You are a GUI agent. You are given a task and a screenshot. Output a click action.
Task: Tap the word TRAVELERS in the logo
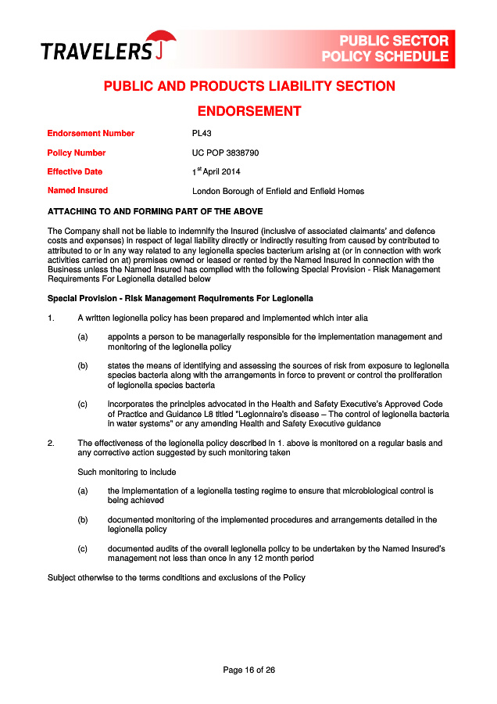pyautogui.click(x=96, y=52)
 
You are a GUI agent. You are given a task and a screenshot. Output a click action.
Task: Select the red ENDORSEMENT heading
pyautogui.click(x=248, y=111)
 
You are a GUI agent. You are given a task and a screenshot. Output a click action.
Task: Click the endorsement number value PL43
pyautogui.click(x=202, y=134)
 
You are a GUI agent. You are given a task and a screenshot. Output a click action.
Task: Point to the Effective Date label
pyautogui.click(x=75, y=171)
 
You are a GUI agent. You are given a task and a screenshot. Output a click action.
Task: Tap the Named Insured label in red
pyautogui.click(x=77, y=190)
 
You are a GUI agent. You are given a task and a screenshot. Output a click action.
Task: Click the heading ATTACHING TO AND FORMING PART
pyautogui.click(x=156, y=211)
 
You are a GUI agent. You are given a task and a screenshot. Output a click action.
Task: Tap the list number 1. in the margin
pyautogui.click(x=51, y=318)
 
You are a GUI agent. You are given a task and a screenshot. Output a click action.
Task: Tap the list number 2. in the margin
pyautogui.click(x=51, y=444)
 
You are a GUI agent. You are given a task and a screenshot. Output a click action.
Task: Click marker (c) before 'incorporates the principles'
pyautogui.click(x=82, y=404)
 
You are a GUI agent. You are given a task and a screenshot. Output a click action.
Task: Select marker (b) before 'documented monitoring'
pyautogui.click(x=82, y=519)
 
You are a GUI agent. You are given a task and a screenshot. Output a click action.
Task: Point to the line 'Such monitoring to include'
pyautogui.click(x=127, y=472)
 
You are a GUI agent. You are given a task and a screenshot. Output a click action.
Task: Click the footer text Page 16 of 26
pyautogui.click(x=248, y=670)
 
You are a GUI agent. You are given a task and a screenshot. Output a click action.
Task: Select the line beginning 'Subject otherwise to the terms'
pyautogui.click(x=176, y=577)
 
